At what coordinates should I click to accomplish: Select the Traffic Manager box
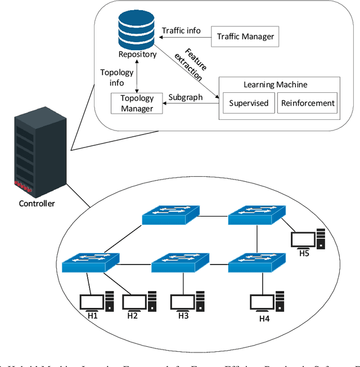[x=245, y=37]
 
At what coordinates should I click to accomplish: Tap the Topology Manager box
[x=137, y=103]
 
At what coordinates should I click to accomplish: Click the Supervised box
[x=249, y=103]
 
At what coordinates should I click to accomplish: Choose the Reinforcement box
[x=307, y=103]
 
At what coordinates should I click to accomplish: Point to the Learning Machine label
[x=276, y=84]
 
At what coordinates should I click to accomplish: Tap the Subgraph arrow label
[x=185, y=97]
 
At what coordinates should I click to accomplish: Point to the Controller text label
[x=37, y=203]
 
